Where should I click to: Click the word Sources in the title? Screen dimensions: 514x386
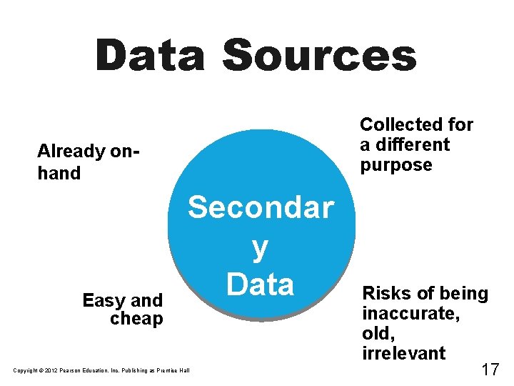pos(319,56)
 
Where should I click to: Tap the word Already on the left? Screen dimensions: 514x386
pos(71,152)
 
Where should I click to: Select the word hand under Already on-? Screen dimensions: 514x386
pos(59,173)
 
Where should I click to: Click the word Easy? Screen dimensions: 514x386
pos(103,300)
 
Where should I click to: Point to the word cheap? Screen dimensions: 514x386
pos(136,319)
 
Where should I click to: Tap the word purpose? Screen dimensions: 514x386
pos(396,165)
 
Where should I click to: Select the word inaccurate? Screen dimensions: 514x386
pos(410,313)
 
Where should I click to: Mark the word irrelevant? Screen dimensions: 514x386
pos(404,353)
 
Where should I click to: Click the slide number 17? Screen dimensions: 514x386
pos(490,369)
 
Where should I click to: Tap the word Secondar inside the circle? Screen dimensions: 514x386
pos(261,208)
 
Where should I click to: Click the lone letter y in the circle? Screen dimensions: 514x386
pos(261,248)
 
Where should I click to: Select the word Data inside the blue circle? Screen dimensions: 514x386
pos(261,284)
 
